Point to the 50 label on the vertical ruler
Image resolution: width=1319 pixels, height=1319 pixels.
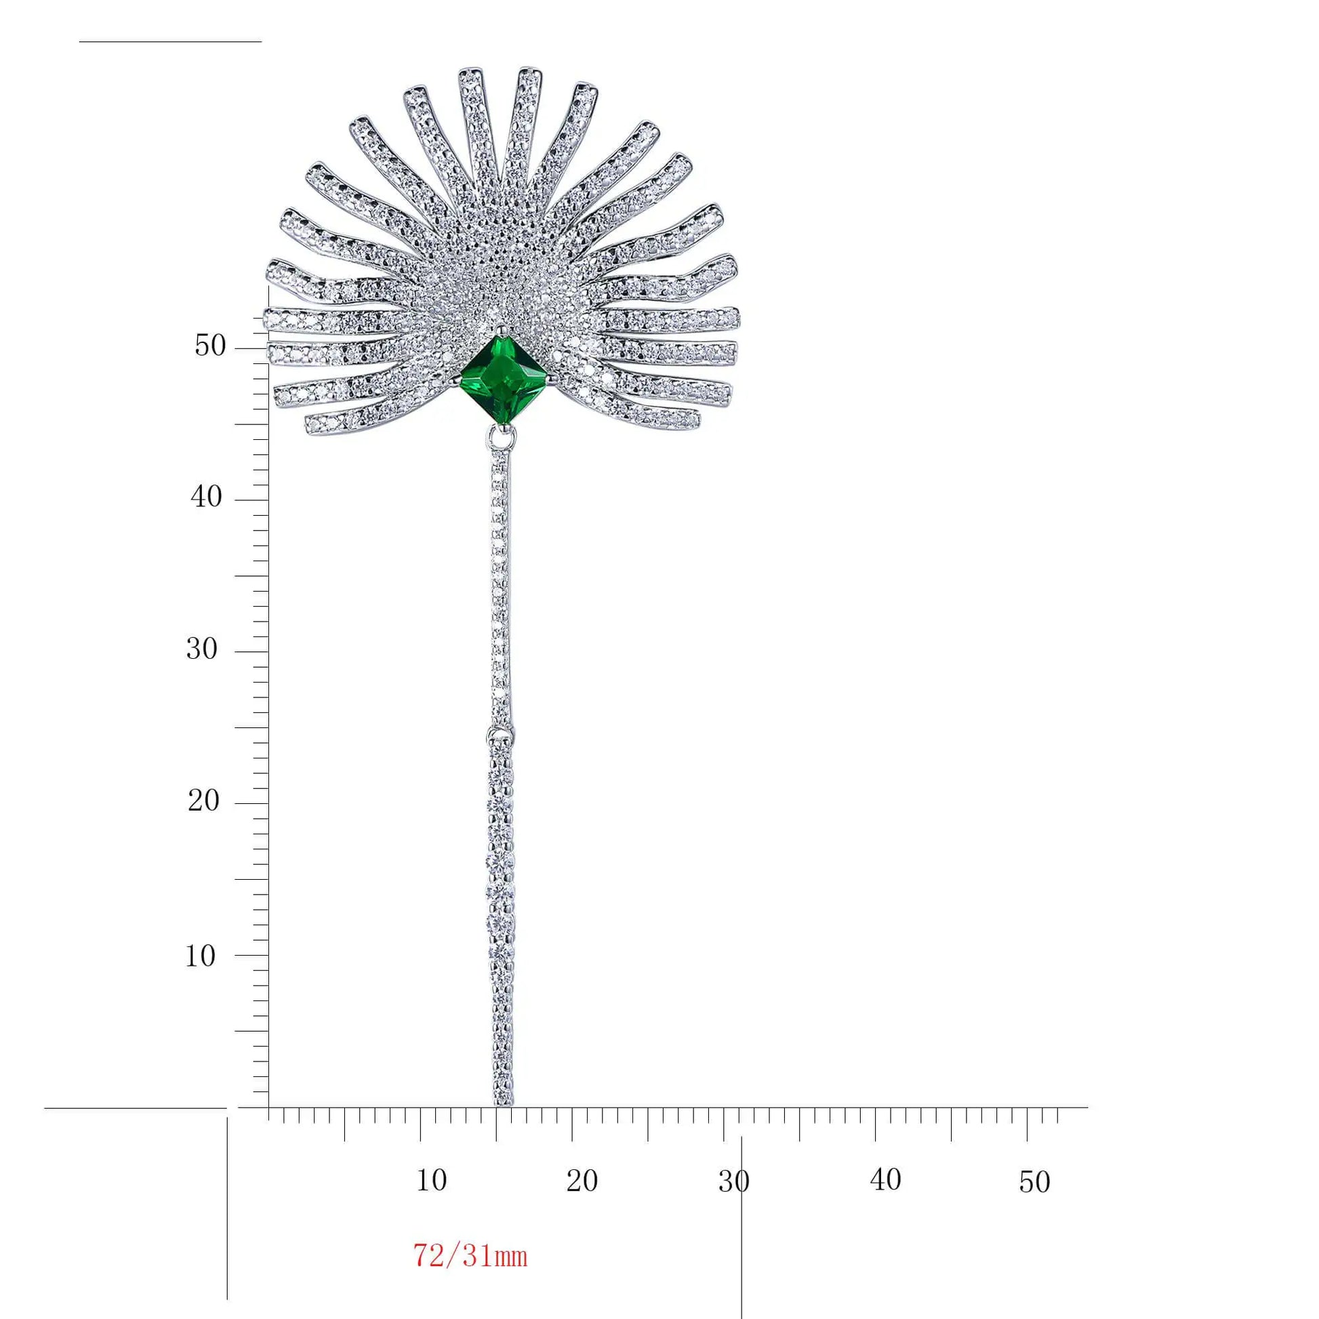point(209,346)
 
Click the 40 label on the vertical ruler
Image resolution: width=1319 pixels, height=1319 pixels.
point(206,497)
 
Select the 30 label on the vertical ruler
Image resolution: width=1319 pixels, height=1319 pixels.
point(202,649)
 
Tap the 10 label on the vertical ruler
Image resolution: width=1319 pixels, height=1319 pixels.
point(201,956)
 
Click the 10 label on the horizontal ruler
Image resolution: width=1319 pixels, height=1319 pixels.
point(432,1180)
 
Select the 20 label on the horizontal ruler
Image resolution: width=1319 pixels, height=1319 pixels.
point(582,1181)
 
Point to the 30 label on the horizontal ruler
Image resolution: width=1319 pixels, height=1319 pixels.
point(734,1181)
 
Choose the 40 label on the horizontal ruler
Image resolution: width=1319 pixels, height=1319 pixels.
point(885,1180)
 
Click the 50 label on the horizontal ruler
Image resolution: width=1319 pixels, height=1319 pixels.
point(1034,1182)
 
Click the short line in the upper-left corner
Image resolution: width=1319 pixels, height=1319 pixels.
point(170,41)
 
